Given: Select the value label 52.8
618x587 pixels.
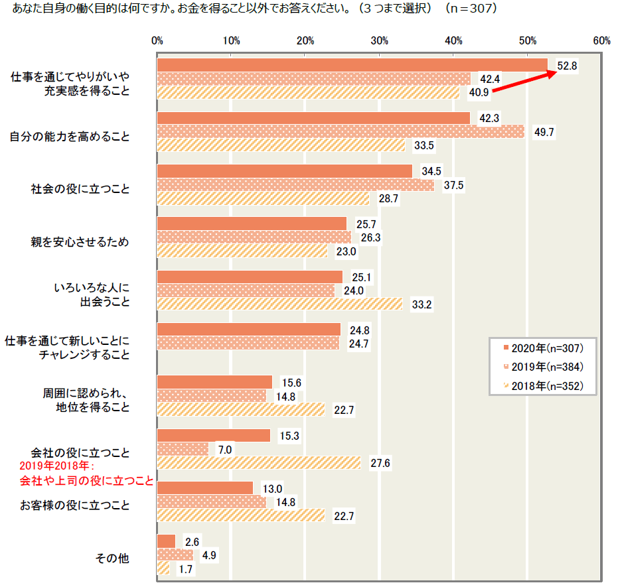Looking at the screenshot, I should pyautogui.click(x=568, y=66).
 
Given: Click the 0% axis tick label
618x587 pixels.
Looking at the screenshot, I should pyautogui.click(x=157, y=41).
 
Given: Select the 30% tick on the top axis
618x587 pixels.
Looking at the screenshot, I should pyautogui.click(x=379, y=41).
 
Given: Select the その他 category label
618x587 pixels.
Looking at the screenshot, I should pyautogui.click(x=113, y=558).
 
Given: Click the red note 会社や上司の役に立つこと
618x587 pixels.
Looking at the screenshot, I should pyautogui.click(x=86, y=480).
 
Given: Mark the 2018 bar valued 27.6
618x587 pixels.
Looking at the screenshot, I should pyautogui.click(x=259, y=463).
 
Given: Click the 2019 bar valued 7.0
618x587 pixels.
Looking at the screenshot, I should pyautogui.click(x=183, y=449).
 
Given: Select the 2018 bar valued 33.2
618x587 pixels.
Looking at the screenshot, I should pyautogui.click(x=279, y=304).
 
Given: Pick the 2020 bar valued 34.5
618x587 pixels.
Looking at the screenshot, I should pyautogui.click(x=285, y=171).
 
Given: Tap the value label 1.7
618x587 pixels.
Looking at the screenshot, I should pyautogui.click(x=186, y=568).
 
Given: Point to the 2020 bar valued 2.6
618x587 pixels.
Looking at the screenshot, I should pyautogui.click(x=167, y=541).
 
